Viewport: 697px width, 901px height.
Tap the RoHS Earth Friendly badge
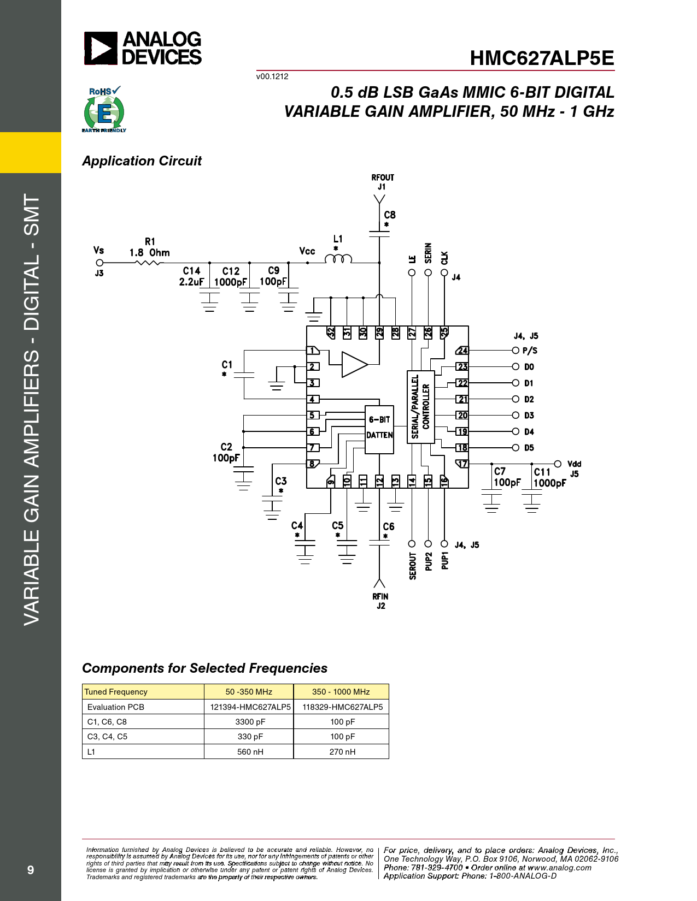point(104,109)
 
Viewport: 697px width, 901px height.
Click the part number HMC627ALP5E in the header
point(542,58)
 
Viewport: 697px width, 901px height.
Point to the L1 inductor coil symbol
point(338,259)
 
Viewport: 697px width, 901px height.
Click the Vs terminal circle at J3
point(99,263)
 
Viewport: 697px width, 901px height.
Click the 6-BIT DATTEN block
point(379,430)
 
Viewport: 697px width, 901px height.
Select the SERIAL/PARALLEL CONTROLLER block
point(420,407)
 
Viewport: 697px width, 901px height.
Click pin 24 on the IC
point(462,351)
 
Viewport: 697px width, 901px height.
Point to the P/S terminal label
point(530,351)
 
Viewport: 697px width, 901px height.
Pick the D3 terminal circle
point(516,415)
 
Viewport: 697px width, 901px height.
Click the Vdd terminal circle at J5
point(558,464)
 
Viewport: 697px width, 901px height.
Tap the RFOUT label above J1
point(383,177)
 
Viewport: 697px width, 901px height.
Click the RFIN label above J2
point(380,596)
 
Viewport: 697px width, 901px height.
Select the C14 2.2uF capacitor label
point(191,276)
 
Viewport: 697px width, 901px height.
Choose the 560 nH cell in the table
point(250,751)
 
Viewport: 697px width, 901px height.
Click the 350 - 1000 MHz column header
point(341,692)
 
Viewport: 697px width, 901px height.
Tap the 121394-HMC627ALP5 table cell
point(250,707)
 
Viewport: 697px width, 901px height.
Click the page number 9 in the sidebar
point(30,869)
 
